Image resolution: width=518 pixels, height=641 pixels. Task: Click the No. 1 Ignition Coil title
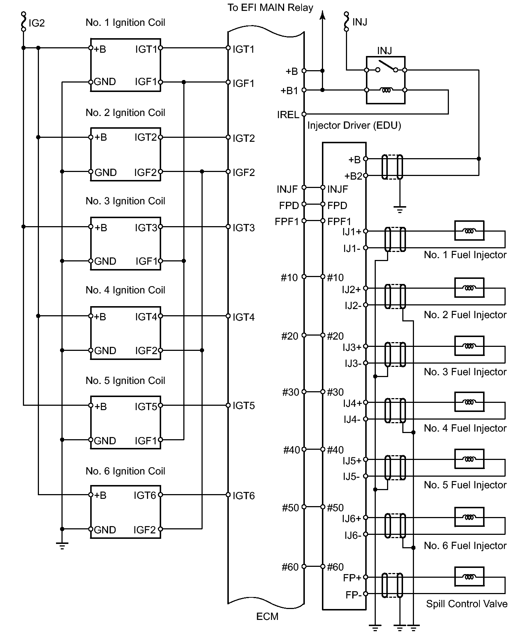[125, 23]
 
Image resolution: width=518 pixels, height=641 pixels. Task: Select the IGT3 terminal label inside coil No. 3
[146, 228]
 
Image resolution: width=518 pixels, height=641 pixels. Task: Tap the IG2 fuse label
[36, 23]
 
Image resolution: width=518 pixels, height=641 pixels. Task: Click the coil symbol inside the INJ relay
[386, 90]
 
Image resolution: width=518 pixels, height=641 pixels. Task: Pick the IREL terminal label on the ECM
[288, 115]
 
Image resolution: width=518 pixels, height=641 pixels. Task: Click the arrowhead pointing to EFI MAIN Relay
[322, 15]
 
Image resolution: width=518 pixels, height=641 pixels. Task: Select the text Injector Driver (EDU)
[354, 126]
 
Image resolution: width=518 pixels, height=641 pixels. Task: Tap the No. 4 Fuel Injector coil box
[469, 402]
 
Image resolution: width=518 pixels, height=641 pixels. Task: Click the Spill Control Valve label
[467, 604]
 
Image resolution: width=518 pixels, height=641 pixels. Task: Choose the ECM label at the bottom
[267, 617]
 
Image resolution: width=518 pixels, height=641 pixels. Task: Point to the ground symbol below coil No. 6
[62, 545]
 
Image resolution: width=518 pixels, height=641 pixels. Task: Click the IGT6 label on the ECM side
[244, 496]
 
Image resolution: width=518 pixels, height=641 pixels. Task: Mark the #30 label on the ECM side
[290, 392]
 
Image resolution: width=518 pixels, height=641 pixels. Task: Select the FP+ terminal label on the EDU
[352, 578]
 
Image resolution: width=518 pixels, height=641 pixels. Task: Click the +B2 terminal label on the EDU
[353, 176]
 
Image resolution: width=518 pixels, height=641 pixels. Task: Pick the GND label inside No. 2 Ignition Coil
[105, 172]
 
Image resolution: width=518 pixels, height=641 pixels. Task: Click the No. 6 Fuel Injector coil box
[469, 517]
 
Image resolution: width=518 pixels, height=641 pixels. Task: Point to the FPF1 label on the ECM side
[287, 221]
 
